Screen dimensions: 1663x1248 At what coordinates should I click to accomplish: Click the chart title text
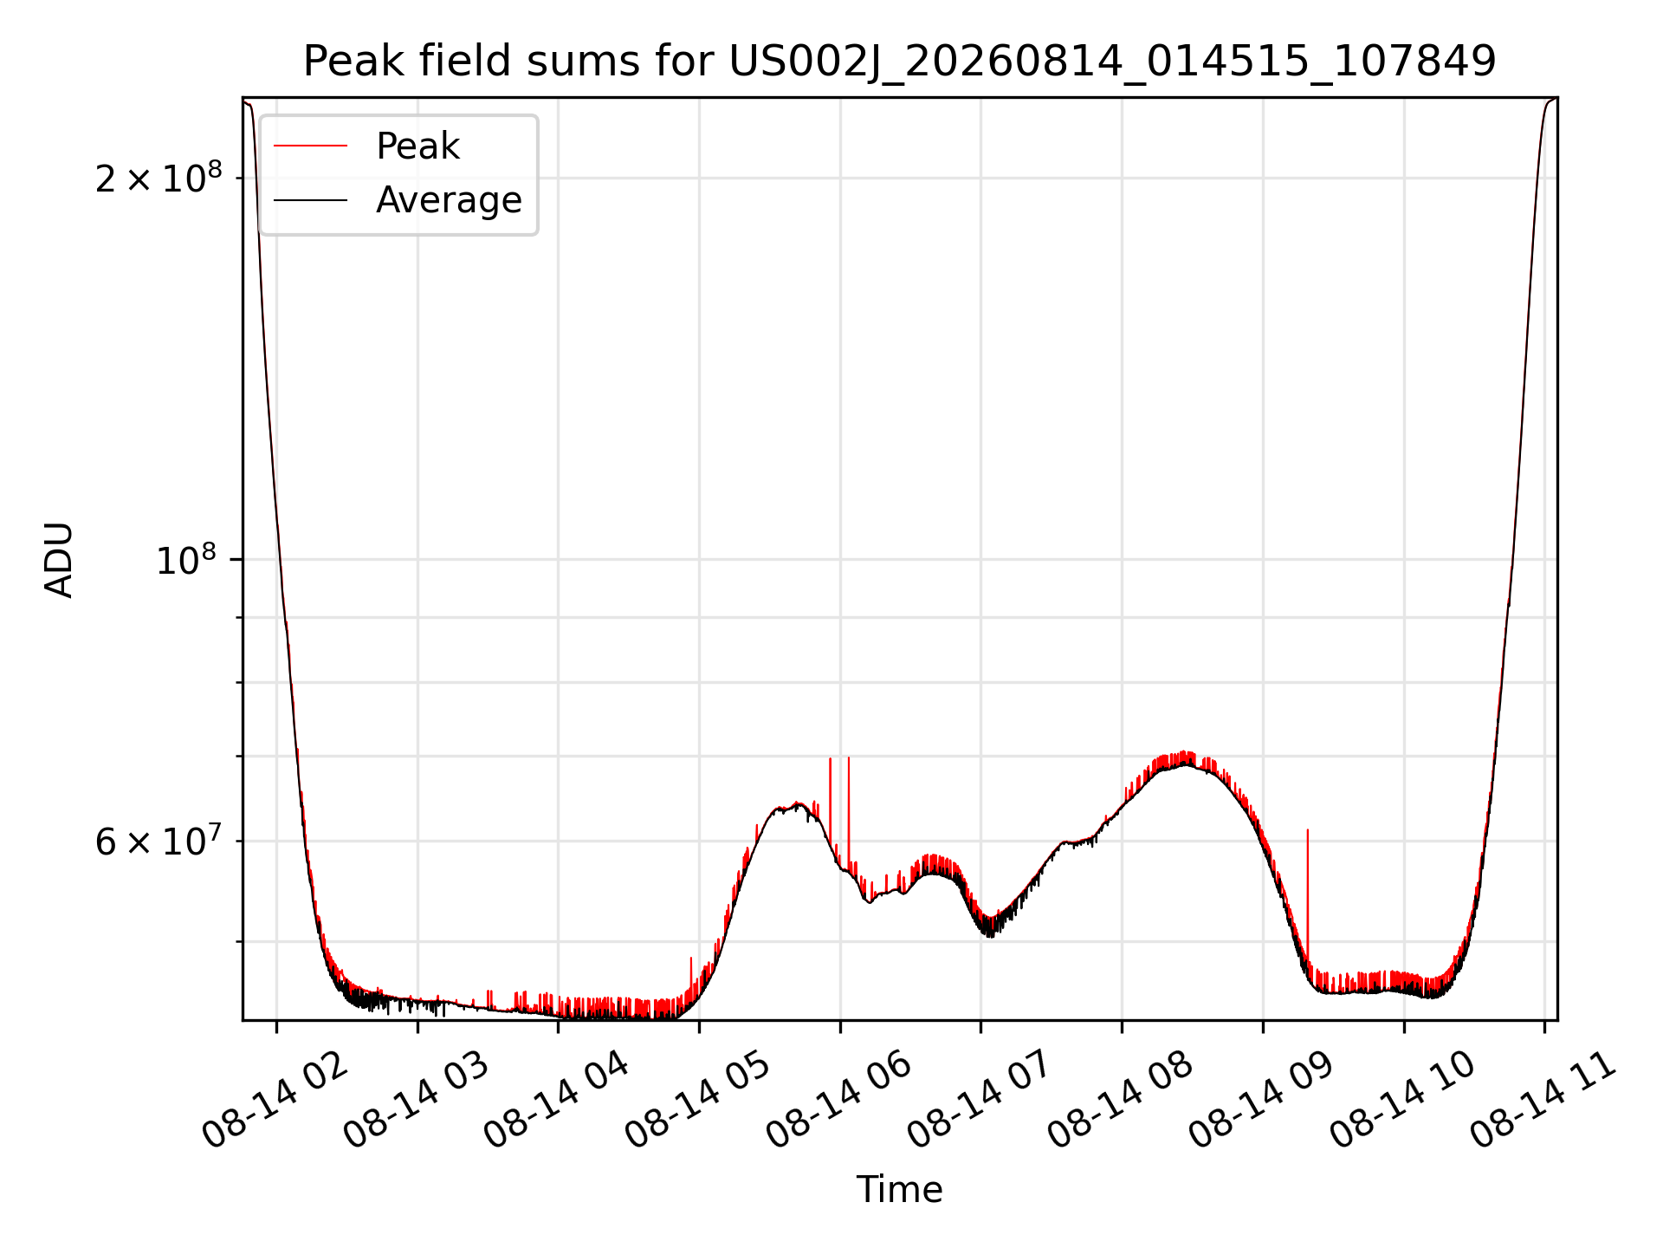click(899, 62)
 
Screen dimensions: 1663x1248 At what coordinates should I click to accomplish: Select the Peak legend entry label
click(417, 146)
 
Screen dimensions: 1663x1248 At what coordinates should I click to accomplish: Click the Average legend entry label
click(449, 200)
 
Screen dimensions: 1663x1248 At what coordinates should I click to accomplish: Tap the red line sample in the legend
click(311, 146)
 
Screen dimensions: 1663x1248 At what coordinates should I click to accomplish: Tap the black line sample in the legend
click(311, 200)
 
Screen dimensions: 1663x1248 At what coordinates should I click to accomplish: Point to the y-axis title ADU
click(59, 560)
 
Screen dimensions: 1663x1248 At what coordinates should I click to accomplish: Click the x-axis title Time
click(899, 1189)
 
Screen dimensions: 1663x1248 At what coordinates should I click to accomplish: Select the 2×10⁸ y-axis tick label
click(159, 178)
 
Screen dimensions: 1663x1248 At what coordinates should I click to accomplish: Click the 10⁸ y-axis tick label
click(189, 560)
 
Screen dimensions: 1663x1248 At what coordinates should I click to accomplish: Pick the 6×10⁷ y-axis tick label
click(159, 841)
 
